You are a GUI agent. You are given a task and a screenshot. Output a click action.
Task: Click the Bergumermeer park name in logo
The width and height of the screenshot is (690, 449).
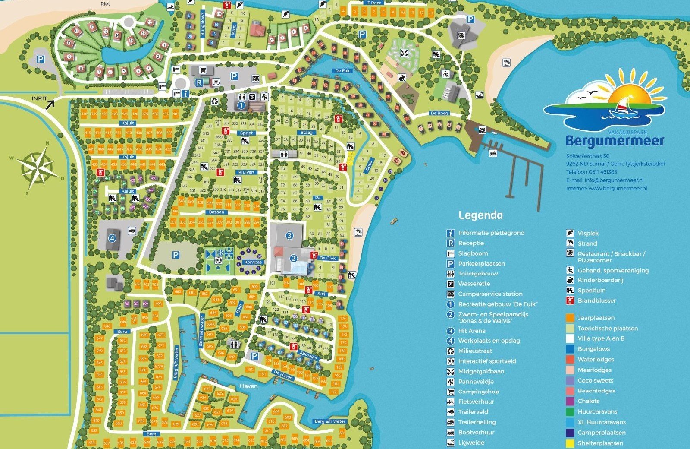coord(615,141)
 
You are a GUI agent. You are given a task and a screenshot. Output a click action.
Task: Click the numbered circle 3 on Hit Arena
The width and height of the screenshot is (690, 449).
coord(289,236)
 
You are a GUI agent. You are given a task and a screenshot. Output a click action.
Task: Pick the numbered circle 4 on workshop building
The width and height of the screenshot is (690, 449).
coord(112,237)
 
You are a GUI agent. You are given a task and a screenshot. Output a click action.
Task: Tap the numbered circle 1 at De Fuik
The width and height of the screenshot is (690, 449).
coord(241,105)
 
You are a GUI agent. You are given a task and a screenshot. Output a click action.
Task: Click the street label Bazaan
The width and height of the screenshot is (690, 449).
coord(216,212)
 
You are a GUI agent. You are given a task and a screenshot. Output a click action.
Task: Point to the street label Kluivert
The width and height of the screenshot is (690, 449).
coord(246,172)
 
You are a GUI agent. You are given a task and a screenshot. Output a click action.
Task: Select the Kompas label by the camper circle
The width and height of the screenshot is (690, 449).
coord(253,262)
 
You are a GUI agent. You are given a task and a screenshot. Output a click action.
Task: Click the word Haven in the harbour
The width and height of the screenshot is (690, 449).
coord(249,386)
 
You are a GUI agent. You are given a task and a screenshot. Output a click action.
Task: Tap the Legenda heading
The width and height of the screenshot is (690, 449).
coord(480,215)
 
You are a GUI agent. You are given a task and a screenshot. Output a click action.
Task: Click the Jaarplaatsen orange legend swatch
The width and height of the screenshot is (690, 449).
coord(570,318)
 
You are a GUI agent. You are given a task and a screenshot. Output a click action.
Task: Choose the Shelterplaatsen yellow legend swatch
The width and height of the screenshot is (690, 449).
coord(570,443)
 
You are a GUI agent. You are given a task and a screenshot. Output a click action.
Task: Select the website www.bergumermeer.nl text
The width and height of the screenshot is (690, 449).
coord(618,188)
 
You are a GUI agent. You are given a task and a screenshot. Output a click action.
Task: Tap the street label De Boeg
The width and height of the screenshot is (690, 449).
coord(439,113)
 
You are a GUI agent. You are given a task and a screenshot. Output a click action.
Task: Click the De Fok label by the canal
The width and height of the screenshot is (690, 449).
coord(342,71)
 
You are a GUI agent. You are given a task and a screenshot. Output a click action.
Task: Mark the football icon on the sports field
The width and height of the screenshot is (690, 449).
coord(219,260)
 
